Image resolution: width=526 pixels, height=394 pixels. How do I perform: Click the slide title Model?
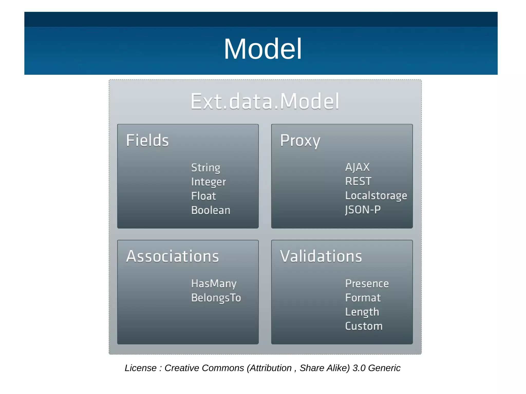tap(262, 49)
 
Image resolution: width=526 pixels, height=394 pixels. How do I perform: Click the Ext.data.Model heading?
tap(265, 102)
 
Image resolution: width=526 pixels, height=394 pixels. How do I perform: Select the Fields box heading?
tap(147, 140)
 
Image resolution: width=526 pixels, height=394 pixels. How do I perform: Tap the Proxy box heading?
tap(300, 141)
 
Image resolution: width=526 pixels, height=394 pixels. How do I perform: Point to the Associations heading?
tap(172, 256)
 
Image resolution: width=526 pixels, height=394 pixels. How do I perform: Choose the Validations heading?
tap(321, 256)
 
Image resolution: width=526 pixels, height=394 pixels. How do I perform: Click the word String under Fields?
tap(205, 168)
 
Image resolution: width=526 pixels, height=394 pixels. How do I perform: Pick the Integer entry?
tap(208, 182)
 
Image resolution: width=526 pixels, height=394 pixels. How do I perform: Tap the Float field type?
tap(203, 196)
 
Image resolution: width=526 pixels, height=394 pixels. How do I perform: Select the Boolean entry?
tap(211, 210)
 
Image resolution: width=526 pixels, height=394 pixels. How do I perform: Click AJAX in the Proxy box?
tap(357, 167)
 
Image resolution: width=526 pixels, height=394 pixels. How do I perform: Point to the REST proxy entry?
tap(358, 181)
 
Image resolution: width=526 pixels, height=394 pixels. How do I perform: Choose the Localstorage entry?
tap(376, 196)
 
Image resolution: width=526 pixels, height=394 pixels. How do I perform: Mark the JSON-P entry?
tap(363, 210)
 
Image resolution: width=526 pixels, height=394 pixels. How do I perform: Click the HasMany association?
tap(214, 284)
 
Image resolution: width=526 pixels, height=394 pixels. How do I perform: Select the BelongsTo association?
tap(216, 298)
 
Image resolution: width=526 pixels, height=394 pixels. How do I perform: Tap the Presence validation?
tap(367, 284)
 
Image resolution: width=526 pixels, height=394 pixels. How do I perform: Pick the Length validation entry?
tap(362, 312)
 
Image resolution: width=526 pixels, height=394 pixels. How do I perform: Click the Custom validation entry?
tap(364, 326)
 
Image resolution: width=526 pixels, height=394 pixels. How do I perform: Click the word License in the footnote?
tap(140, 368)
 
